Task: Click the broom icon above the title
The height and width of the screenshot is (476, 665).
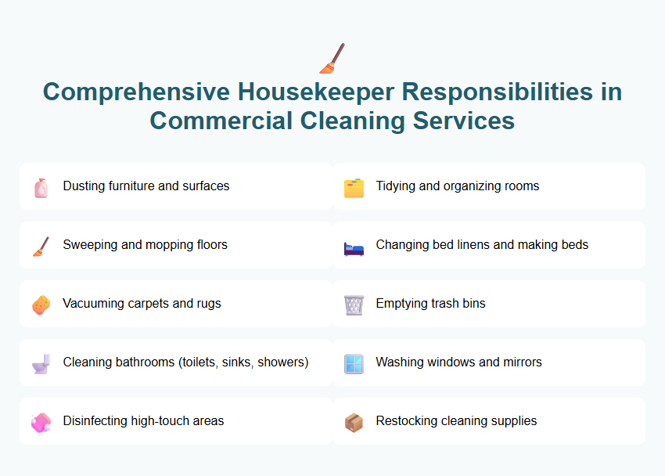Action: click(332, 57)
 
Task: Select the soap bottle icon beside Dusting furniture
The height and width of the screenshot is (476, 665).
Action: click(41, 187)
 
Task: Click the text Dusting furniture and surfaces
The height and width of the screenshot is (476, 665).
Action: click(146, 186)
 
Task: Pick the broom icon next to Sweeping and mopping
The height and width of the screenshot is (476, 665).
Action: click(41, 246)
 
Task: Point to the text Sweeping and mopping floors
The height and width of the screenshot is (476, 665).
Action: click(145, 245)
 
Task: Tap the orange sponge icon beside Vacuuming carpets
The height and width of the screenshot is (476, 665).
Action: click(41, 305)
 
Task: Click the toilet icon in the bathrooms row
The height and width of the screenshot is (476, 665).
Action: click(41, 363)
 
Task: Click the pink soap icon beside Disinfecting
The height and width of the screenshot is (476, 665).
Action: click(41, 422)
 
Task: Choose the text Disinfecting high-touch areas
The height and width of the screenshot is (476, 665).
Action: click(143, 421)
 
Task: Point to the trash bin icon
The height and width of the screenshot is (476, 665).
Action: click(354, 305)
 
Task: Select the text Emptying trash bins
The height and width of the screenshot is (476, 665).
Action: click(430, 304)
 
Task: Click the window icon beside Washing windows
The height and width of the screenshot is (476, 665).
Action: click(354, 363)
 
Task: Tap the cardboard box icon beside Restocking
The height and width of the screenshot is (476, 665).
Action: click(354, 422)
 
